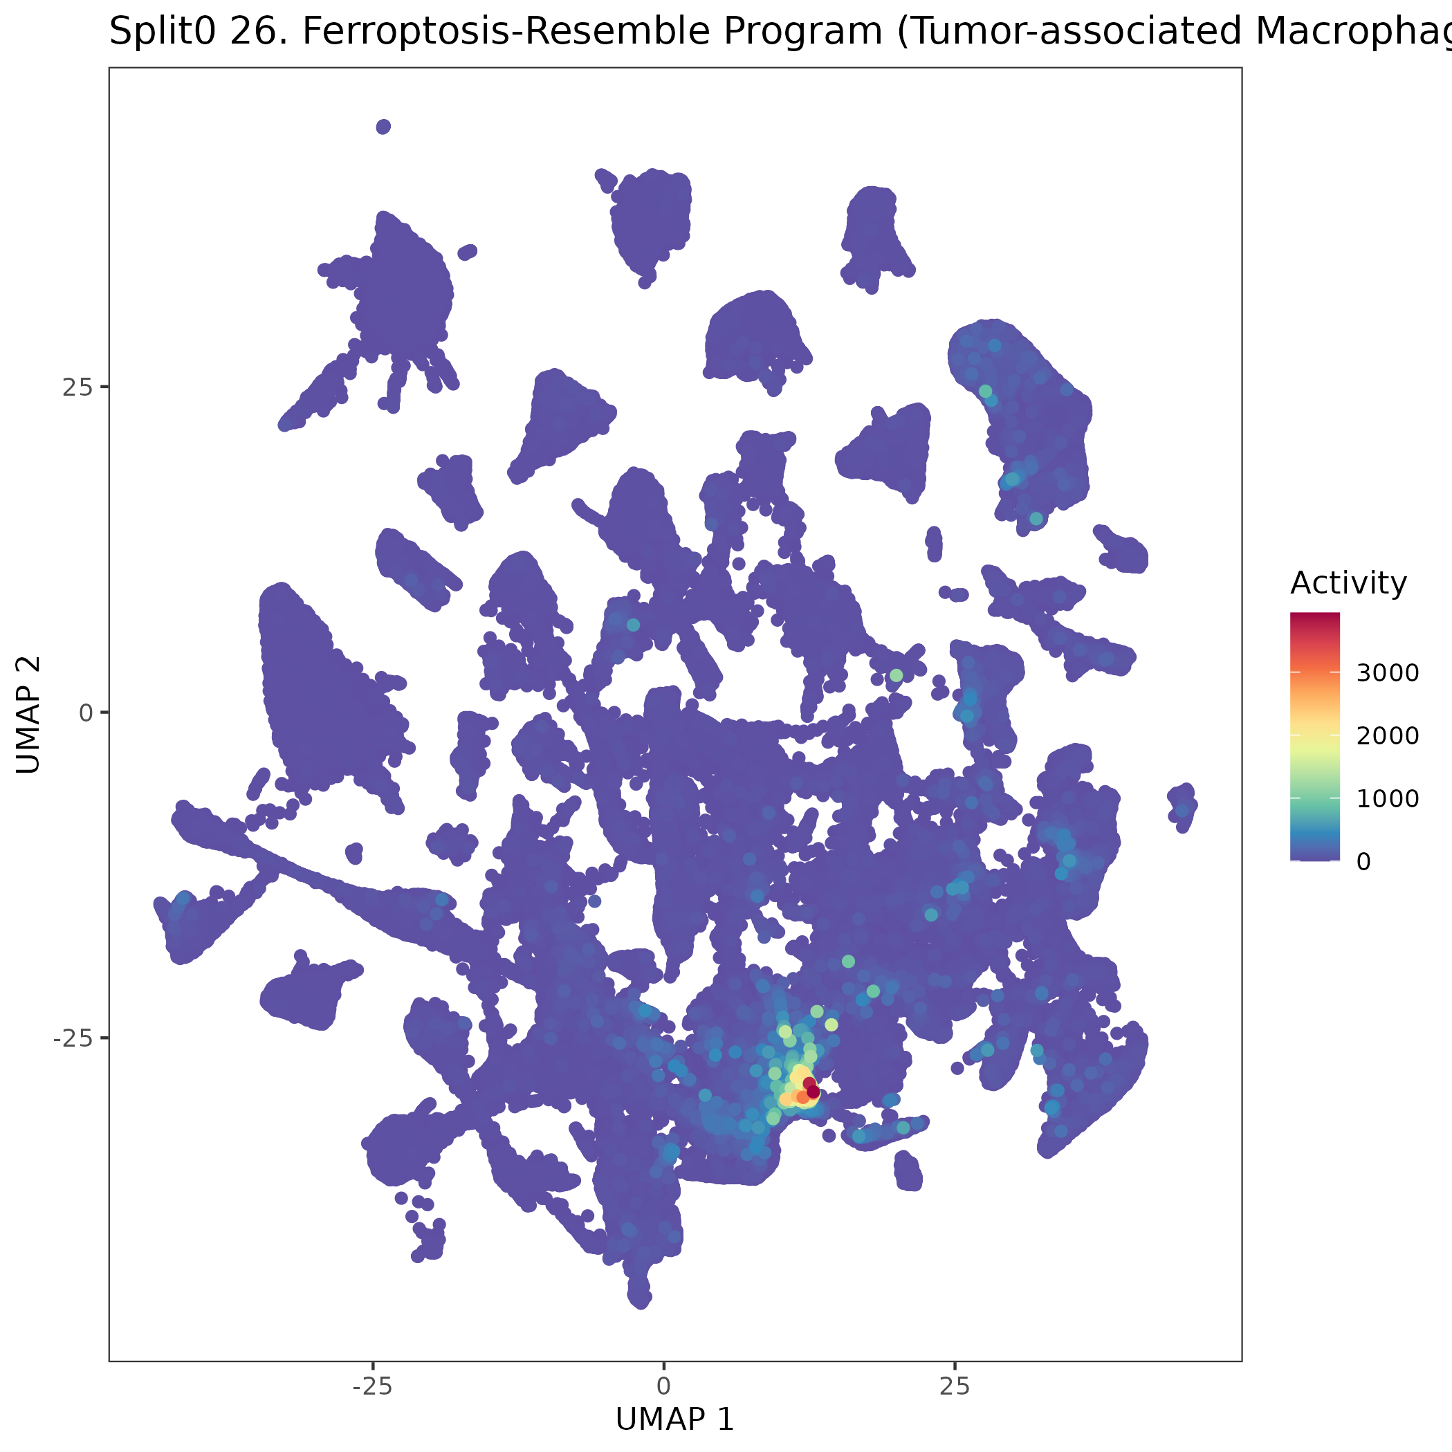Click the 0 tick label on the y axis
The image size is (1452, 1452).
click(x=86, y=713)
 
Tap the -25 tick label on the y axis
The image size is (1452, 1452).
click(x=71, y=1038)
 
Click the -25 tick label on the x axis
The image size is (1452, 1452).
click(x=372, y=1386)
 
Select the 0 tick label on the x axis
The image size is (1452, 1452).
click(x=663, y=1386)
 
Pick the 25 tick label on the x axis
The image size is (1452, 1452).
click(x=955, y=1386)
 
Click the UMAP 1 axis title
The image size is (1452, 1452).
click(x=674, y=1419)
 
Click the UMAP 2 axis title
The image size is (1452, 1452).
click(x=28, y=714)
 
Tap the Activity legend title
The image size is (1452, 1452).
click(x=1348, y=583)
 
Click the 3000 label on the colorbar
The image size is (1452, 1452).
click(x=1388, y=672)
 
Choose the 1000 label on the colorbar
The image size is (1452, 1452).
click(x=1388, y=798)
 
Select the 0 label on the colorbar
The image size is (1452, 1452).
click(x=1363, y=861)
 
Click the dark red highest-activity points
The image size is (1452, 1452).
click(x=811, y=1087)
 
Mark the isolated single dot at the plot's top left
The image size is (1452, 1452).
click(x=383, y=127)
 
